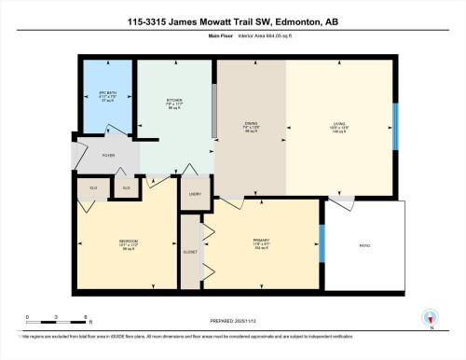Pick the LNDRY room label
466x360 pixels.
coord(195,194)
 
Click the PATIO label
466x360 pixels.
coord(364,245)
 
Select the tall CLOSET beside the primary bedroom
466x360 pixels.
coord(190,251)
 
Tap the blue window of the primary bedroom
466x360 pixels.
coord(322,245)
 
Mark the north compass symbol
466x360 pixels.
coord(431,318)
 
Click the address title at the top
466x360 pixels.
coord(233,21)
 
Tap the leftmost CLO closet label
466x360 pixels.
coord(93,187)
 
